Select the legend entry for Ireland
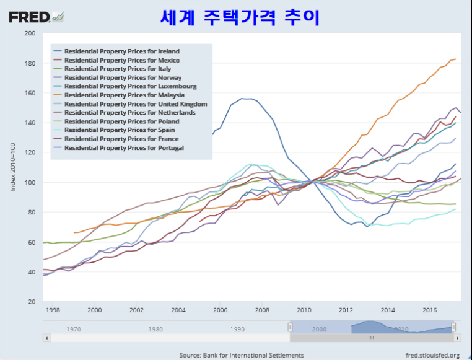coord(121,51)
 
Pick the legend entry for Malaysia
coord(124,95)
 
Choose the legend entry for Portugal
coord(124,148)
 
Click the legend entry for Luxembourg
coord(130,86)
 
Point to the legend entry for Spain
coord(119,130)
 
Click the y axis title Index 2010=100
coord(13,167)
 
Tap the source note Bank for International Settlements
coord(242,355)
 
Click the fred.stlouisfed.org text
coord(432,355)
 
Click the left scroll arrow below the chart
coord(46,338)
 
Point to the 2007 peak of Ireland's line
coord(246,99)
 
